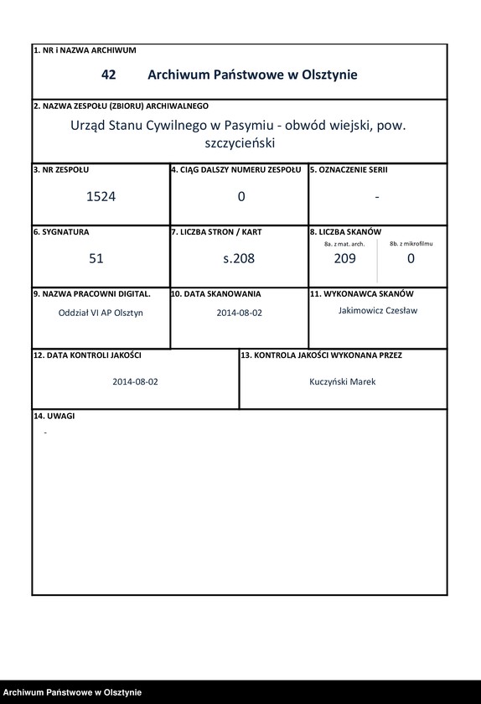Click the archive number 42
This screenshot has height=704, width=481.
click(108, 75)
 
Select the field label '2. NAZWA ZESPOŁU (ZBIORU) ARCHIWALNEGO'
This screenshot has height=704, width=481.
click(121, 106)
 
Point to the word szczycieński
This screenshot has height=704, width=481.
click(240, 143)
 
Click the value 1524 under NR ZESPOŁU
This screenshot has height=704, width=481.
click(101, 197)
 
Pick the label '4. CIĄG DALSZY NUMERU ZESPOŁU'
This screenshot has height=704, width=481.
click(236, 169)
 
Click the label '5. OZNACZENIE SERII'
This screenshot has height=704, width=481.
click(349, 169)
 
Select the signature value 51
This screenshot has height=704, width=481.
click(96, 259)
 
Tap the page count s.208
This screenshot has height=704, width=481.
click(239, 259)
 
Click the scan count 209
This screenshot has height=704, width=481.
click(344, 259)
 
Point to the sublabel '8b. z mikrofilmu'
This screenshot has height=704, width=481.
click(411, 243)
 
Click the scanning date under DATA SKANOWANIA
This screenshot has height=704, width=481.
click(240, 313)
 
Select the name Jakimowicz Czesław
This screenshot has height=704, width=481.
click(377, 310)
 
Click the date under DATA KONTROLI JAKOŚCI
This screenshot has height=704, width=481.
click(136, 381)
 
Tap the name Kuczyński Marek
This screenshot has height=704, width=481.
click(343, 381)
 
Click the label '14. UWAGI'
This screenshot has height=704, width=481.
click(54, 417)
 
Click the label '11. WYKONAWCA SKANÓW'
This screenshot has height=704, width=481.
click(362, 294)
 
